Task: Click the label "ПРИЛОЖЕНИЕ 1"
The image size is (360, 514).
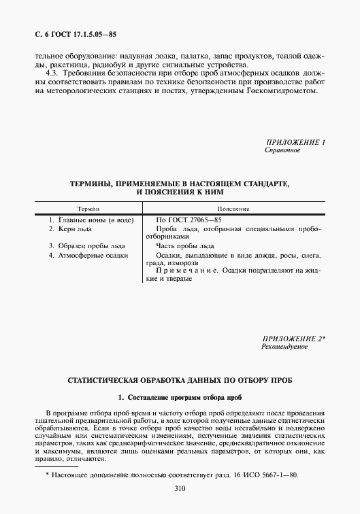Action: point(294,142)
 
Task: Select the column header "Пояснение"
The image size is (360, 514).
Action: point(233,209)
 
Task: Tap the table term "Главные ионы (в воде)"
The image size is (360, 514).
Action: point(91,220)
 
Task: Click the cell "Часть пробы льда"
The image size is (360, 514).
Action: point(185,245)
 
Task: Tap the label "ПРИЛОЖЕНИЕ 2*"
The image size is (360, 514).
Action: point(294,339)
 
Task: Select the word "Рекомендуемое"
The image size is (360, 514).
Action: point(284,347)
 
